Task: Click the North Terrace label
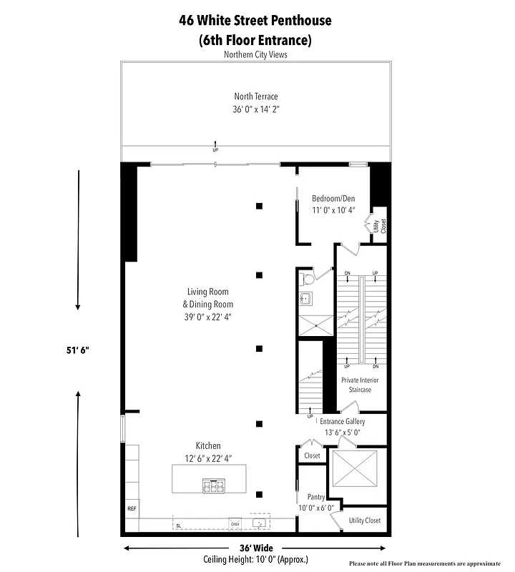tap(255, 97)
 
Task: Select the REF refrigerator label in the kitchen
tap(132, 508)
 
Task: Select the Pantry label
tap(316, 497)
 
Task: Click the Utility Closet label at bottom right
tap(365, 521)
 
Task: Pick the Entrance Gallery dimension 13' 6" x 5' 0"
tap(343, 432)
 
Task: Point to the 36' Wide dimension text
tap(255, 548)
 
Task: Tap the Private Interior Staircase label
tap(360, 385)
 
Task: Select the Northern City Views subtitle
tap(255, 54)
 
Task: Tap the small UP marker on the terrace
tap(215, 150)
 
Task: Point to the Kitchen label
tap(208, 445)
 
